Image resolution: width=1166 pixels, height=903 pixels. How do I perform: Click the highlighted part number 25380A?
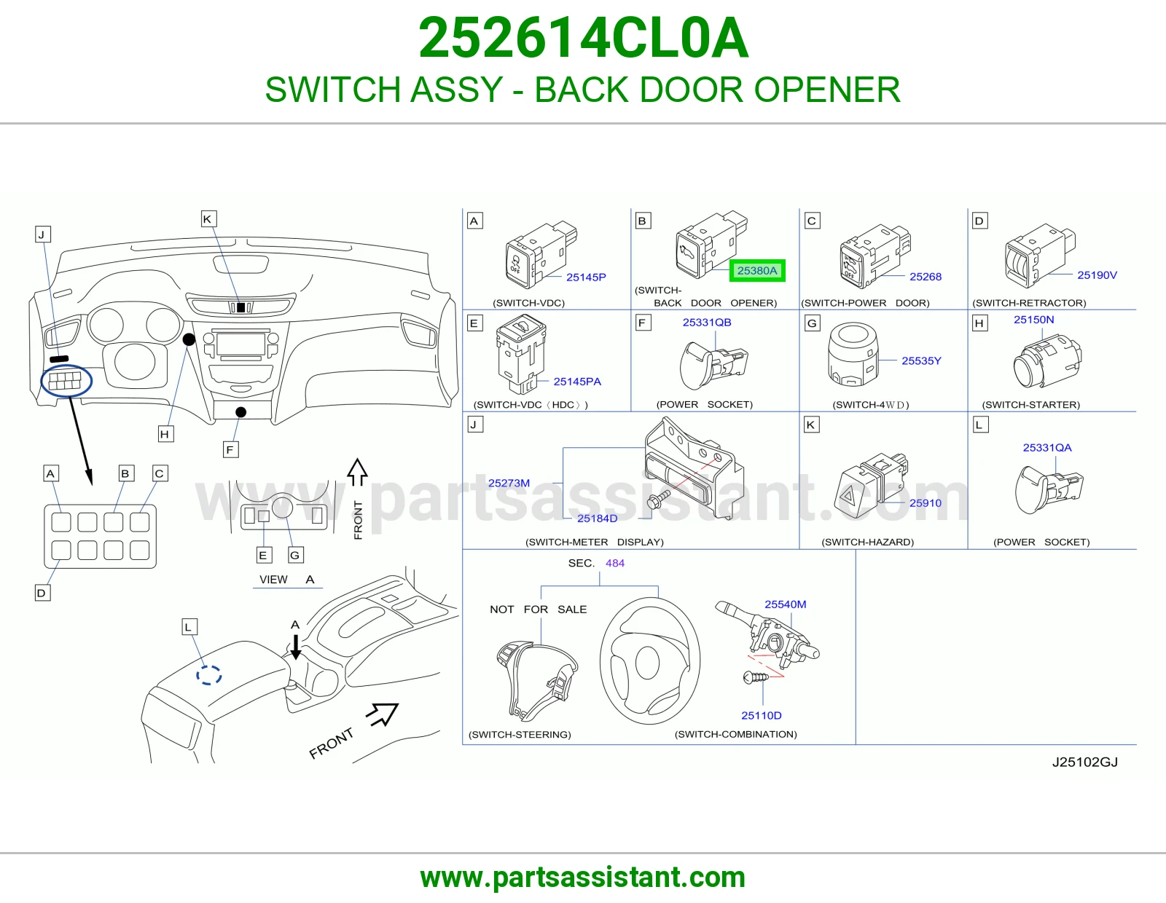point(756,271)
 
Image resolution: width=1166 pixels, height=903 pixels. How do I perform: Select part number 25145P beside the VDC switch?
point(586,277)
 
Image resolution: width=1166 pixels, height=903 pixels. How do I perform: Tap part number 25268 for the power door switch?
point(925,277)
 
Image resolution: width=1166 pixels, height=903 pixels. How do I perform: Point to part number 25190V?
point(1097,275)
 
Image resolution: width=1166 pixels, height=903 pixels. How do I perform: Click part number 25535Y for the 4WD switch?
point(921,361)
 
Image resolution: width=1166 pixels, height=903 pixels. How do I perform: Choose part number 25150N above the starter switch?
point(1033,320)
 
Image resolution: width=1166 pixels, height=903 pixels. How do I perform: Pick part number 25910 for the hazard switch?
point(925,503)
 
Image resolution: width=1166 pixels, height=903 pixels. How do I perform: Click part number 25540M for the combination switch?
point(785,604)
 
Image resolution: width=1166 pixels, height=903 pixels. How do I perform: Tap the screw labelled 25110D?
point(756,678)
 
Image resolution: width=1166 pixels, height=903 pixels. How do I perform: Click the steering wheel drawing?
point(650,661)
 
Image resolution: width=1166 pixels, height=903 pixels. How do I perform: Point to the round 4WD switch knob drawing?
point(853,354)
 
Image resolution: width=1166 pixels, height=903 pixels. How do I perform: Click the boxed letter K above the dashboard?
point(208,218)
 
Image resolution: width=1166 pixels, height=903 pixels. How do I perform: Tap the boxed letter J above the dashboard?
point(42,234)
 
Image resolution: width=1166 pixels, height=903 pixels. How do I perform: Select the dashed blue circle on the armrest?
point(208,675)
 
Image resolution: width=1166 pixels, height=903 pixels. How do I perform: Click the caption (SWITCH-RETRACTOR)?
point(1029,303)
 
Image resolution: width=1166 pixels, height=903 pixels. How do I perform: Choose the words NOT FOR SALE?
point(539,609)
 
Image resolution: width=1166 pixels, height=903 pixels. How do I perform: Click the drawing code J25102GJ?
point(1084,762)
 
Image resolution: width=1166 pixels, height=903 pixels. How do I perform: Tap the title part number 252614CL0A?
point(583,38)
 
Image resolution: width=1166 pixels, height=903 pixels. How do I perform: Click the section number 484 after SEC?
point(615,563)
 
